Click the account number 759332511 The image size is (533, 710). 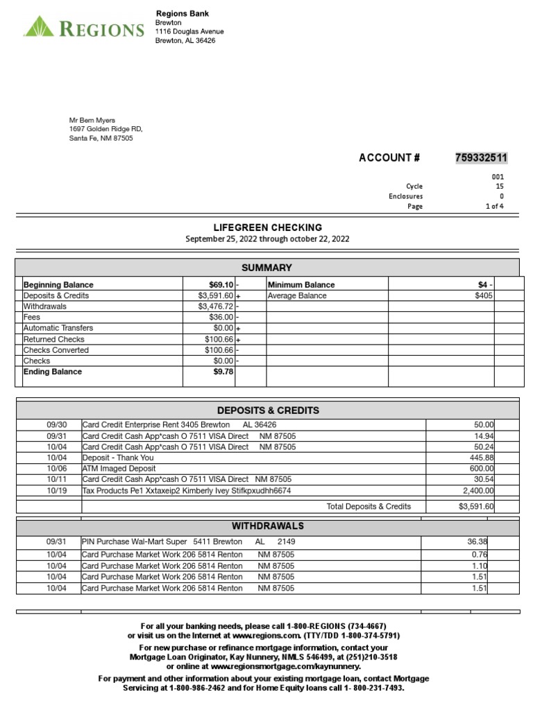click(x=481, y=158)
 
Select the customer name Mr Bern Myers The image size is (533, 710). click(x=92, y=120)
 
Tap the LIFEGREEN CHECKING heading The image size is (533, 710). click(x=267, y=227)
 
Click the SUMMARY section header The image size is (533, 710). click(x=266, y=268)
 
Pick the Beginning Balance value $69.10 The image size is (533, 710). click(x=221, y=285)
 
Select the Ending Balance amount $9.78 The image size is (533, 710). click(x=223, y=372)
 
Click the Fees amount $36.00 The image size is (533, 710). click(x=221, y=318)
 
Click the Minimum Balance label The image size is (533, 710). click(x=301, y=285)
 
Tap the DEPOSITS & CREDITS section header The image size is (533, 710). click(x=268, y=410)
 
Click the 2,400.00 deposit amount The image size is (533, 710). click(x=475, y=491)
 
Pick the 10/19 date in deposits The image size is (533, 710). click(x=56, y=491)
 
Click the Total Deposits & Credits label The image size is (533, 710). click(x=369, y=507)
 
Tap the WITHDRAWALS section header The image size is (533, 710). click(x=268, y=526)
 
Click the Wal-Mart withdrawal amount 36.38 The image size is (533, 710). click(x=477, y=542)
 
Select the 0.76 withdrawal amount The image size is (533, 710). click(x=480, y=555)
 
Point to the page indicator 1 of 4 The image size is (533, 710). click(x=494, y=206)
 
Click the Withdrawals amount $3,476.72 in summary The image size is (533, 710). click(x=216, y=306)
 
